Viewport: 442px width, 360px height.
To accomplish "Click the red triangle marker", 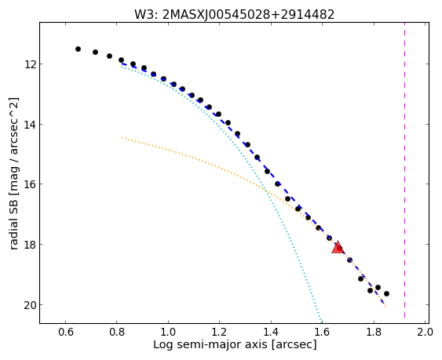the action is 338,248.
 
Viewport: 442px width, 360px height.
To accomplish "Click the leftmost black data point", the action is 78,49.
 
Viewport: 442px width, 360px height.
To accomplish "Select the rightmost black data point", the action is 386,294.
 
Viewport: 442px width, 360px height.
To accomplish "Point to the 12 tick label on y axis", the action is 30,64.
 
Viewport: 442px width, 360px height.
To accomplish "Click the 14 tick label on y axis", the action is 30,125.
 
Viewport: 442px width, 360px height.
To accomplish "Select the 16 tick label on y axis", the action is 30,184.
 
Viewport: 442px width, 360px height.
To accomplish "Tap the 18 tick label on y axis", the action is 30,245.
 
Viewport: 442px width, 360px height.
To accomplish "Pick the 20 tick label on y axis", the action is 30,305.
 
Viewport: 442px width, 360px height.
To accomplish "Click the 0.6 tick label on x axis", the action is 66,332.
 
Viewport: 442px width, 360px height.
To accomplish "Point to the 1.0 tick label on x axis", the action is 168,332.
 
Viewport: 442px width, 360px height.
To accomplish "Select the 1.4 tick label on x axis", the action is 271,332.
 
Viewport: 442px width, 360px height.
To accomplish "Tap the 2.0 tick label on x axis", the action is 425,332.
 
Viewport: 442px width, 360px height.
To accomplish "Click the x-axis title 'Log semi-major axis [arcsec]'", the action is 235,345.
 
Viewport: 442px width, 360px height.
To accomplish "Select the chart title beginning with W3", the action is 234,14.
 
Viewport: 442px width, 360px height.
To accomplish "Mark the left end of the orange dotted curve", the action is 122,137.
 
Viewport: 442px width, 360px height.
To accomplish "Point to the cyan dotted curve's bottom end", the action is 321,322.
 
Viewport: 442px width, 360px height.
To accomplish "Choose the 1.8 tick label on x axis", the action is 374,332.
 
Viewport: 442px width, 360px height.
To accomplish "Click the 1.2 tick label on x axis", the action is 220,332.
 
